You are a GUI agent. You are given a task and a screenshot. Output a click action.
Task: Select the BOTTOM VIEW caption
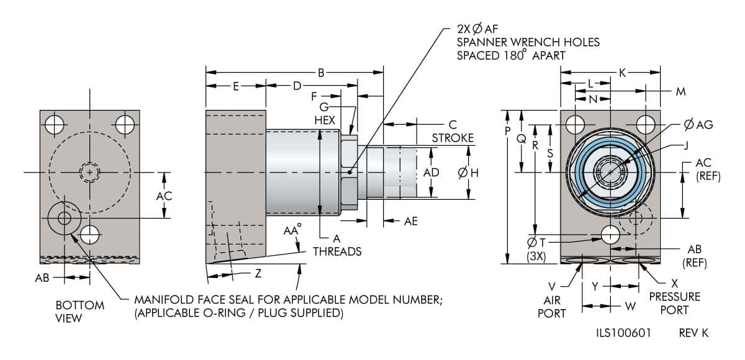click(x=80, y=312)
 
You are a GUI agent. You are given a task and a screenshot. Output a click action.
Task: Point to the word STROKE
click(x=453, y=137)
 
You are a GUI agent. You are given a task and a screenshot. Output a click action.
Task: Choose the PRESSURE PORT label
click(x=674, y=302)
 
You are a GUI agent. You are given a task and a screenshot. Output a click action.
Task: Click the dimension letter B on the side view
click(x=321, y=73)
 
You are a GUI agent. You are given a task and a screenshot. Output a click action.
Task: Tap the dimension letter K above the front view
click(x=622, y=73)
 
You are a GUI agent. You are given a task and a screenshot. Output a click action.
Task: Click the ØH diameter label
click(x=468, y=173)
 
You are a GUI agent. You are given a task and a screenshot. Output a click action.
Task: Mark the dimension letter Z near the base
click(x=258, y=274)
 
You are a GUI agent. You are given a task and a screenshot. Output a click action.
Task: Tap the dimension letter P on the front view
click(x=508, y=131)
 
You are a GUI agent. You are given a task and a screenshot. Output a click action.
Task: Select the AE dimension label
click(x=411, y=220)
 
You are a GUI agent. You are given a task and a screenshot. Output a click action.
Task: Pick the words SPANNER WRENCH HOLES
click(x=528, y=42)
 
